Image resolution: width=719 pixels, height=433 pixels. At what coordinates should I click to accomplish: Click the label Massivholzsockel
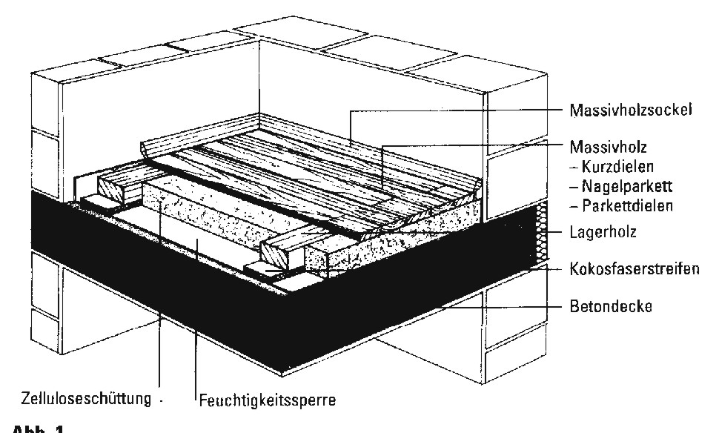point(630,111)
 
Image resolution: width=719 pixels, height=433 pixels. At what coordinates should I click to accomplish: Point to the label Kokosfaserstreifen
point(634,268)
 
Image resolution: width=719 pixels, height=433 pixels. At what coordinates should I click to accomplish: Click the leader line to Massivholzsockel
point(460,111)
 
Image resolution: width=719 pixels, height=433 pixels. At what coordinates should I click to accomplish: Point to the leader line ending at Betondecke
point(504,305)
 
